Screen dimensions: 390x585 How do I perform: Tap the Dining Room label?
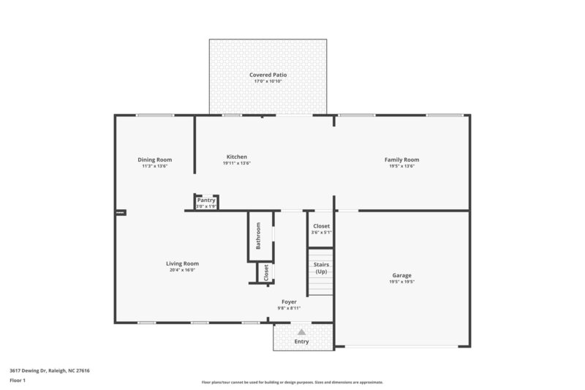(x=154, y=160)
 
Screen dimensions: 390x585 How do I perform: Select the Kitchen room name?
(x=236, y=157)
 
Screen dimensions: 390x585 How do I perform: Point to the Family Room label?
(x=401, y=160)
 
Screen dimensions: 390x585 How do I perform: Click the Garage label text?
(x=401, y=275)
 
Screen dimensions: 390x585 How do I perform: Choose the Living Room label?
(x=182, y=263)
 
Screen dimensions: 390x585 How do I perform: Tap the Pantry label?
(x=206, y=200)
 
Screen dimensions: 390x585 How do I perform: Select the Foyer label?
(x=289, y=301)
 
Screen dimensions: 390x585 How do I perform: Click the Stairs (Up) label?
(x=320, y=268)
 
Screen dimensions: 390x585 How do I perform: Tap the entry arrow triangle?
(x=301, y=332)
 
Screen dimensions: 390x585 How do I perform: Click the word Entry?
(x=301, y=342)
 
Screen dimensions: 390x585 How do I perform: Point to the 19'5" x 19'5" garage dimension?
(x=401, y=282)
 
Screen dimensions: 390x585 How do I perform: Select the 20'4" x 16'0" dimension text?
(x=182, y=270)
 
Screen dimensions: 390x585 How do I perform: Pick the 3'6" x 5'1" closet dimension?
(x=321, y=233)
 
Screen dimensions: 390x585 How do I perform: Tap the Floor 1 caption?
(x=18, y=380)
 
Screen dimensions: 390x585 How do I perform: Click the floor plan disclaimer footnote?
(x=292, y=383)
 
